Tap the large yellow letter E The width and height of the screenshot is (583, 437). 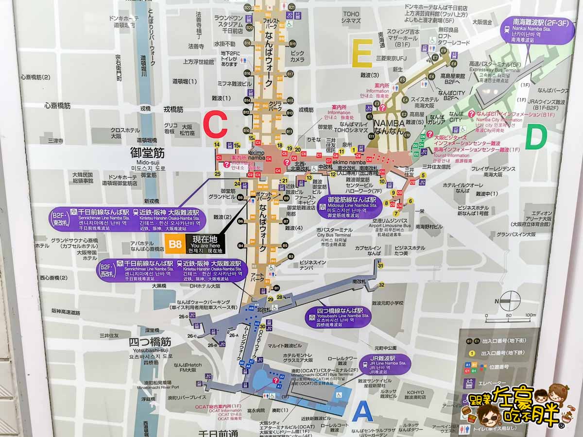coord(362,52)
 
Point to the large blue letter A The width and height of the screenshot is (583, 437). coord(362,412)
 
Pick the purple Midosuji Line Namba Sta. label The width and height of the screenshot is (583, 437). coord(348,207)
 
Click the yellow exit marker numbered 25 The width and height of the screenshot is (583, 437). coord(217,173)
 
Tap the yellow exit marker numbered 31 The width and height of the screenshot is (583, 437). coord(380,265)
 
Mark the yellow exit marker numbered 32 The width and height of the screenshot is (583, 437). coord(382,285)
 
